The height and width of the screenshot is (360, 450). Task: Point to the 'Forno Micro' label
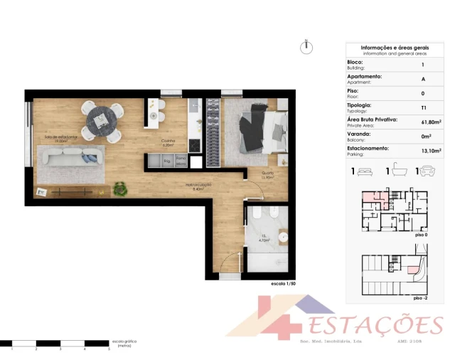181,162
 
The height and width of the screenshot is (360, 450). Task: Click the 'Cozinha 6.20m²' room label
168,142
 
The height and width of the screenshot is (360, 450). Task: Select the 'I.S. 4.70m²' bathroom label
264,240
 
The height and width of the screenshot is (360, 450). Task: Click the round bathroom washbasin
283,236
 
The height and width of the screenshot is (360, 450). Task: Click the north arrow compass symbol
306,47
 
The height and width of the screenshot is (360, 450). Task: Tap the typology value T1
424,107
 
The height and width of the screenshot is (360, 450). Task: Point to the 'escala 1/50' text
284,284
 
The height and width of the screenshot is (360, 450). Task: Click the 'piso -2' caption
420,298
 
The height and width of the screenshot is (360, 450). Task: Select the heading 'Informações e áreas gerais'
395,48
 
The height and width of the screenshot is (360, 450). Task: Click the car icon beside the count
429,171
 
